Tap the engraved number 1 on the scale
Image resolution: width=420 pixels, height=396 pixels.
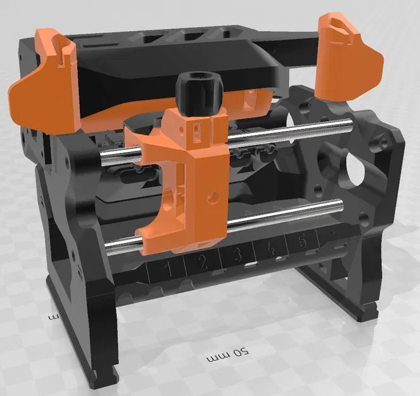(x=168, y=269)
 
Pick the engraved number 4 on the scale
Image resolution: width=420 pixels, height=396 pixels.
(x=271, y=248)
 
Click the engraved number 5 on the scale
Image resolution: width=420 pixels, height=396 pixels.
(x=302, y=241)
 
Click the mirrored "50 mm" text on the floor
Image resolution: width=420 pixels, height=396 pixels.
(x=226, y=354)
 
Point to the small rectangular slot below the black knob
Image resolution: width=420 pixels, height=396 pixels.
(x=196, y=131)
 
